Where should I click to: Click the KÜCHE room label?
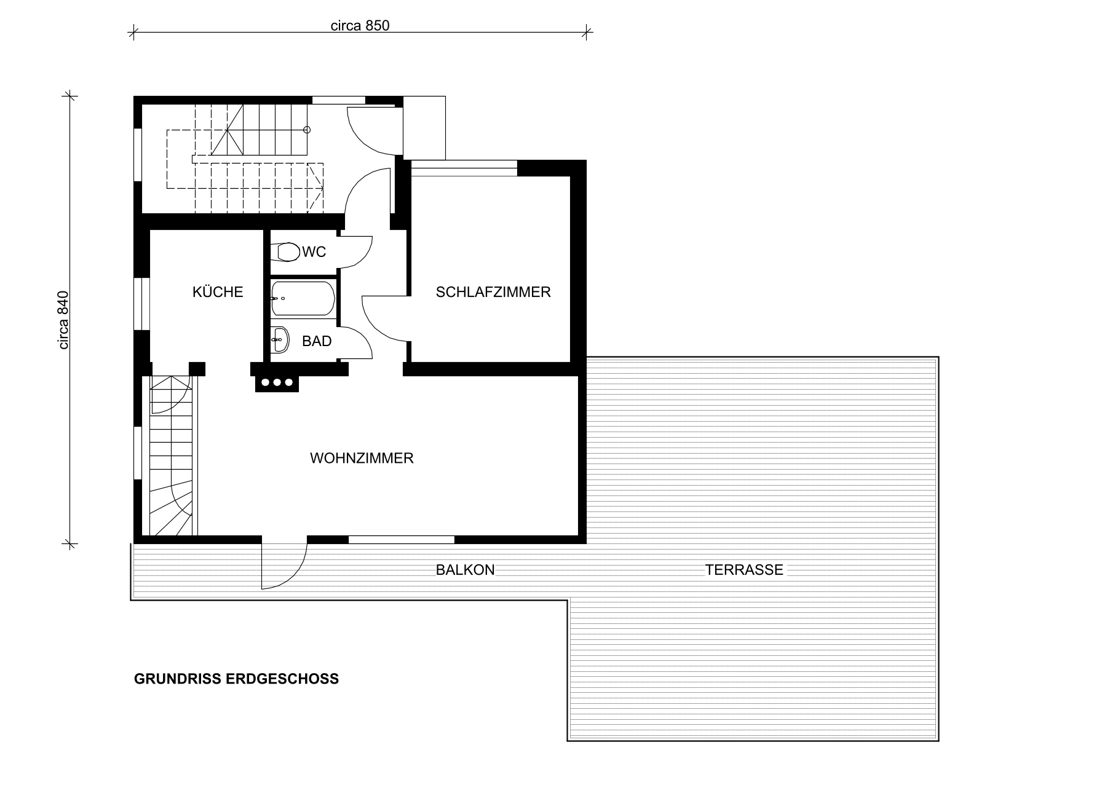tap(218, 291)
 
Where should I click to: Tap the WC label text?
tap(314, 252)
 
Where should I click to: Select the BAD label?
tap(317, 341)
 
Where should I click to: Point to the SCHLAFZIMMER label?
tap(493, 292)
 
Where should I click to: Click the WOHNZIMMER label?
tap(362, 458)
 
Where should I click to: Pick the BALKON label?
tap(465, 570)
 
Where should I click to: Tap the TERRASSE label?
tap(744, 570)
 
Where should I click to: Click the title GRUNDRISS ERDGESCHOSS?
tap(236, 679)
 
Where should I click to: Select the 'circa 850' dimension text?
tap(360, 25)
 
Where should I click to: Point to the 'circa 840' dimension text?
tap(64, 320)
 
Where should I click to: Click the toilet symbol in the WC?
tap(288, 252)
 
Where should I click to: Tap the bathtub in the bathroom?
tap(303, 299)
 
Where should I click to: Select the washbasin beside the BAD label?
tap(280, 339)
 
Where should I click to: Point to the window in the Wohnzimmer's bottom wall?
tap(402, 540)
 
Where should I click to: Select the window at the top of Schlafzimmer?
tap(464, 164)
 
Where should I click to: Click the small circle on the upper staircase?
tap(307, 130)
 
